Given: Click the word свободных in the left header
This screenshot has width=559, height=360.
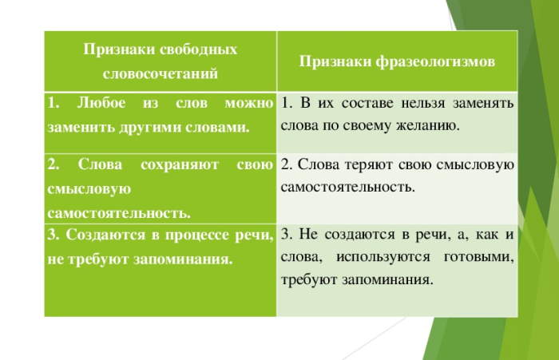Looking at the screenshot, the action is click(x=198, y=49).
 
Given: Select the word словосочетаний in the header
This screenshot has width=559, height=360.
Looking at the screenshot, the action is click(x=160, y=73).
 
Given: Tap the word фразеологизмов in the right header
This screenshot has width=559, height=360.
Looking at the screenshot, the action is click(x=435, y=62).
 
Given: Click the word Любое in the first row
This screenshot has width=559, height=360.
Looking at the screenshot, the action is click(x=101, y=103).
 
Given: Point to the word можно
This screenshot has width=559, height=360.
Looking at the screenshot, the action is click(x=249, y=103).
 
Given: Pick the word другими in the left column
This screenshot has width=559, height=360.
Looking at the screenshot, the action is click(x=150, y=128).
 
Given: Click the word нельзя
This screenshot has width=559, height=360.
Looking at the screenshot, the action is click(x=423, y=103).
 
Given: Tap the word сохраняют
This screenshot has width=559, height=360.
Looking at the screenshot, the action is click(x=180, y=165).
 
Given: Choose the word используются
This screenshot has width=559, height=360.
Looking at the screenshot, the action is click(x=383, y=257).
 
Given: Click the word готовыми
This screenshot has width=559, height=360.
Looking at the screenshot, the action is click(x=479, y=257).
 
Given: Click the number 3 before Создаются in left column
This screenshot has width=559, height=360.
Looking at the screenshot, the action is click(x=54, y=235).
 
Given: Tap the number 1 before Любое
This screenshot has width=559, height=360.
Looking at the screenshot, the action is click(x=53, y=103).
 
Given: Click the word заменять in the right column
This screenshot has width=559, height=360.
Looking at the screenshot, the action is click(x=483, y=103).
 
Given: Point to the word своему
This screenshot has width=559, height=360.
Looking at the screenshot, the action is click(x=367, y=126).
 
